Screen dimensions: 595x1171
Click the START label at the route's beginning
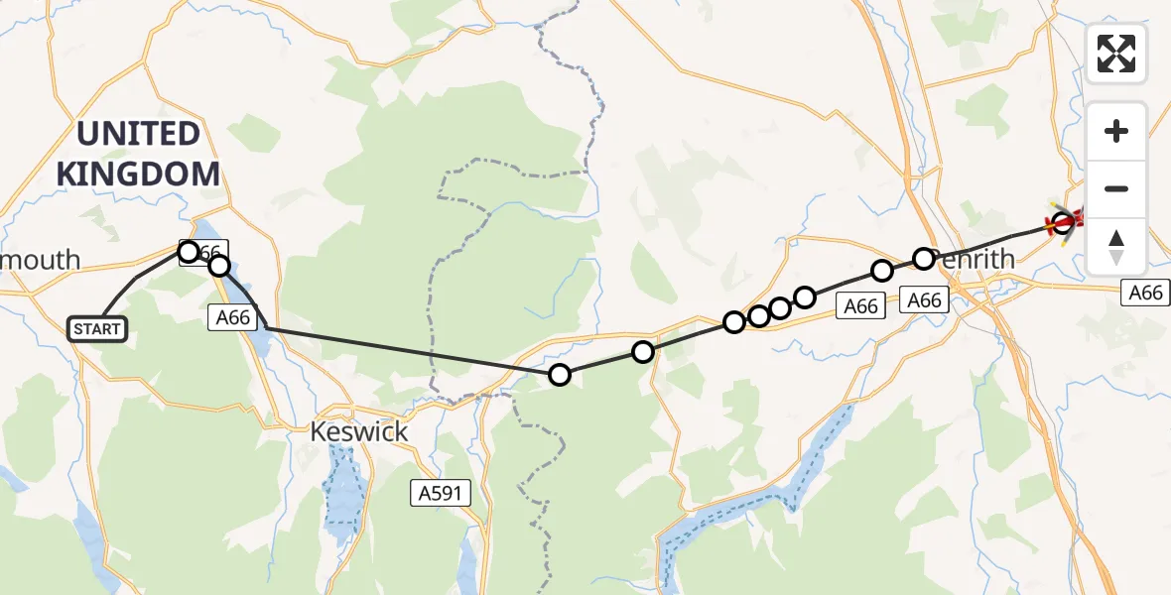[97, 329]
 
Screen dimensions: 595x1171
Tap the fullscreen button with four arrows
[1116, 54]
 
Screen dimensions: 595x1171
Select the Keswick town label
[359, 432]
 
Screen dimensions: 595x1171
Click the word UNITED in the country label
[138, 134]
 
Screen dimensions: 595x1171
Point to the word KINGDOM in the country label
[138, 175]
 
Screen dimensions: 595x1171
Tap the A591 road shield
[441, 493]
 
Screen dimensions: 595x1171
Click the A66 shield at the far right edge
[1145, 293]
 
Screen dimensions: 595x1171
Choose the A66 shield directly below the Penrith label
[924, 299]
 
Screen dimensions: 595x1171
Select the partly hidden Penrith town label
[977, 260]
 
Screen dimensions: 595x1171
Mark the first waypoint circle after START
[189, 251]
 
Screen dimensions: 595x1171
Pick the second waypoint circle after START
[219, 266]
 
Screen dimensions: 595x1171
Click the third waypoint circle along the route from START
[560, 374]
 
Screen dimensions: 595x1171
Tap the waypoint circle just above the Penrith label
[924, 259]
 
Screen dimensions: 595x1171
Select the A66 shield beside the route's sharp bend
[234, 317]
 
